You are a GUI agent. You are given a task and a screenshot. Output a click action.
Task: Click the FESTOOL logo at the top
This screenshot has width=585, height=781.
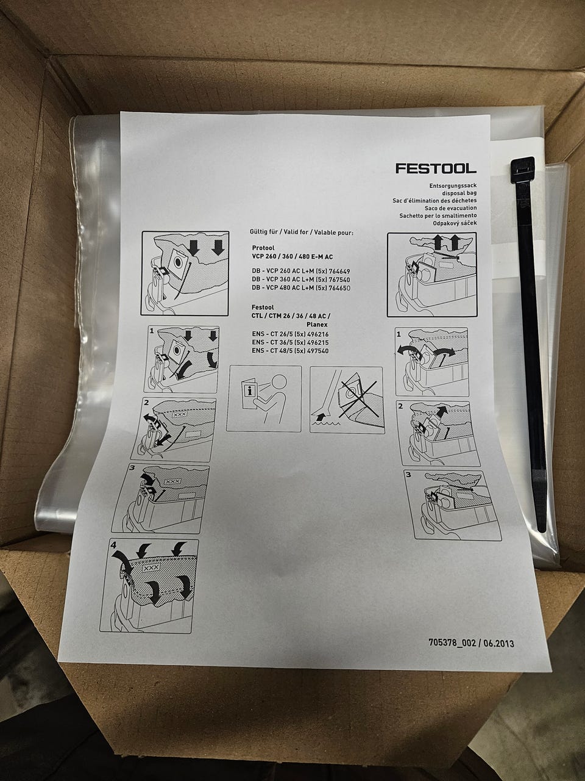pos(436,168)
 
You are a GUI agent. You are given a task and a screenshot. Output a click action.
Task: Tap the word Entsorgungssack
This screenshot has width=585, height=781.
pos(453,185)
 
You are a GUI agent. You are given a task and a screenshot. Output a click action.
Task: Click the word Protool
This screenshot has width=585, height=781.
pos(263,248)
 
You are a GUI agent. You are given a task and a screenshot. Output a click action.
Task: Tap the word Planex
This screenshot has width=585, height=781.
pos(317,325)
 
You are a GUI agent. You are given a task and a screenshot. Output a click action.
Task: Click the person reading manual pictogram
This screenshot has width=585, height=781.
pos(264,398)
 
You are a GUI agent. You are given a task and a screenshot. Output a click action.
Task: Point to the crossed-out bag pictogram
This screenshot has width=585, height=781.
pos(347,400)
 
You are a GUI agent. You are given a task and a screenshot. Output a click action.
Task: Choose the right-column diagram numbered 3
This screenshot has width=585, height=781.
pos(453,505)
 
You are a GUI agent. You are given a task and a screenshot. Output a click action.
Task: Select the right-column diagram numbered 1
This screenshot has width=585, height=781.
pos(432,362)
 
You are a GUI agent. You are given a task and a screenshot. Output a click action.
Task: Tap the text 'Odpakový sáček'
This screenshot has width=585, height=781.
pos(455,223)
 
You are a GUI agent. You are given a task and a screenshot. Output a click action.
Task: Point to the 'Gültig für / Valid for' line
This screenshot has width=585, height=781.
pos(302,232)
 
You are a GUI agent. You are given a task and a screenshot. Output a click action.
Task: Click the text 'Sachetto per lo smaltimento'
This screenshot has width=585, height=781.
pos(438,215)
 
